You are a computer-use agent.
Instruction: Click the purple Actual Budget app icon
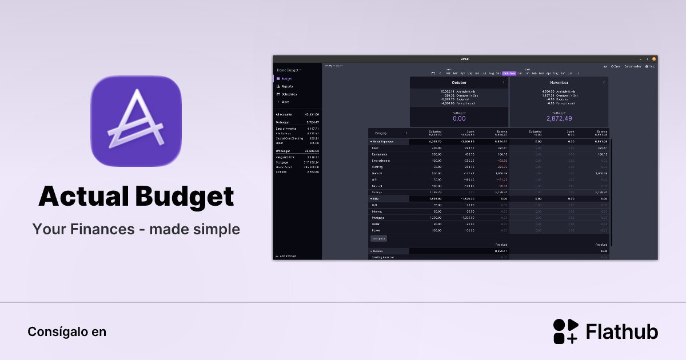tap(136, 121)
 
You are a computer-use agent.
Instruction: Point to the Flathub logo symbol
tap(565, 331)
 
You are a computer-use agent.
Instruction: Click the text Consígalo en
tap(67, 331)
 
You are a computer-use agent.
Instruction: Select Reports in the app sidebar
tap(287, 86)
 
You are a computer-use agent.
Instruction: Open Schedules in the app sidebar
tap(289, 94)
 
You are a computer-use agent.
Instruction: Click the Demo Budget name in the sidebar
tap(288, 70)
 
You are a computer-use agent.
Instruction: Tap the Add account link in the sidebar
tap(288, 256)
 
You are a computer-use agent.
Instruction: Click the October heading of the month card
tap(459, 83)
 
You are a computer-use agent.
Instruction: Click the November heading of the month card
tap(559, 83)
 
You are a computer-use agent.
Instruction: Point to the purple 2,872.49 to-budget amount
tap(559, 118)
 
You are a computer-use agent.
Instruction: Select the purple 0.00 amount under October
tap(459, 118)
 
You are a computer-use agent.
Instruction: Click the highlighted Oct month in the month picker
tap(505, 73)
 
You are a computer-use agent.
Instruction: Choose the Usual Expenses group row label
tap(384, 141)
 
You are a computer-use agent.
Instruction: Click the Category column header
tap(381, 133)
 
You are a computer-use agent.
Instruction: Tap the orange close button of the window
tap(654, 59)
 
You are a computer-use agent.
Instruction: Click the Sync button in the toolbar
tap(616, 66)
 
